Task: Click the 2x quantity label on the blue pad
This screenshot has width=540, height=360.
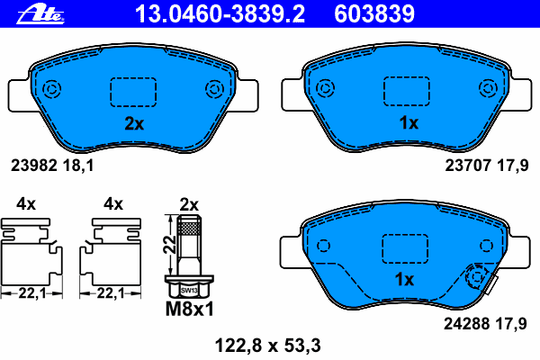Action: (133, 124)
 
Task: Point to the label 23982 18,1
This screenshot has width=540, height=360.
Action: (51, 165)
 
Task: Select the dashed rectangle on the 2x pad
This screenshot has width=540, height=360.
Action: (133, 92)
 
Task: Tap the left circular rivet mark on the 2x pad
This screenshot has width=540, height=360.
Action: (51, 89)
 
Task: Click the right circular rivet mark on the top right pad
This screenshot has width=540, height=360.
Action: (489, 89)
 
